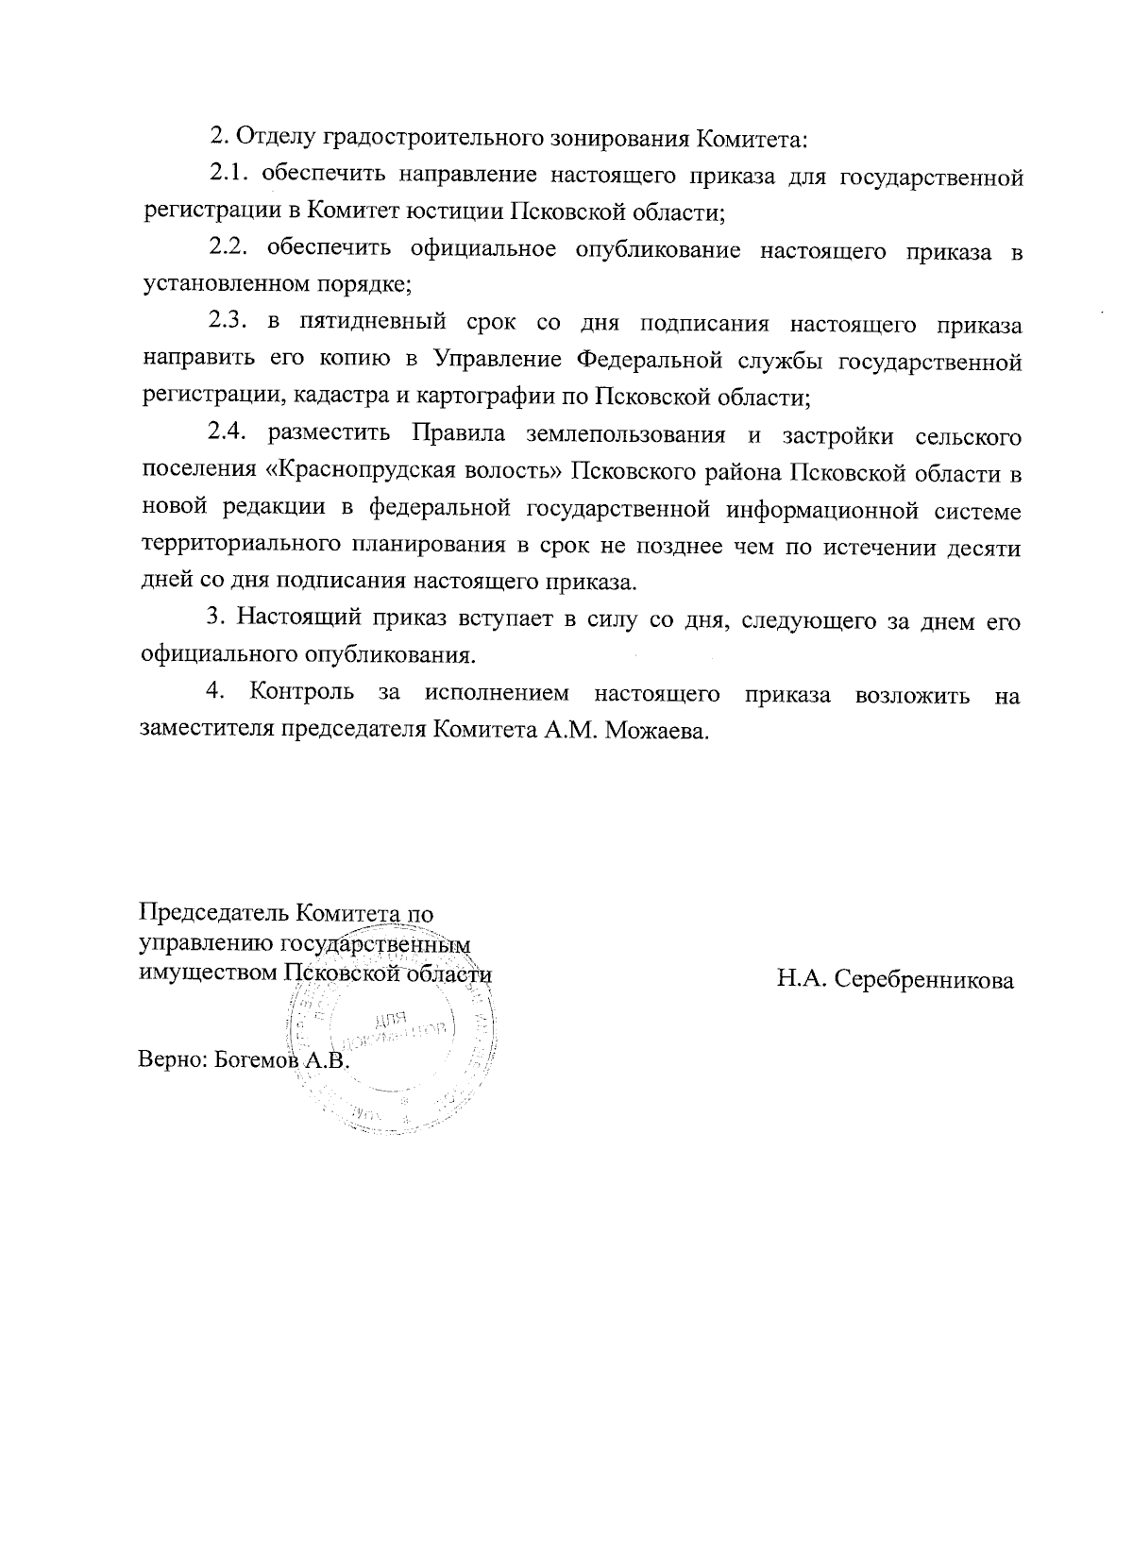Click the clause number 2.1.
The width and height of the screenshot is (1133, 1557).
pyautogui.click(x=228, y=176)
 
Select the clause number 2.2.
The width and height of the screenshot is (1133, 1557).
pyautogui.click(x=228, y=250)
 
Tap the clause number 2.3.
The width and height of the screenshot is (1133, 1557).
pyautogui.click(x=228, y=325)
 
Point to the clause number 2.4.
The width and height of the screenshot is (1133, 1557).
pyautogui.click(x=228, y=434)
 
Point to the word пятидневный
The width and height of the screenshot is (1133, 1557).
pyautogui.click(x=372, y=325)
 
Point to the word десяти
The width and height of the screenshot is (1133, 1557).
pyautogui.click(x=984, y=546)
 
